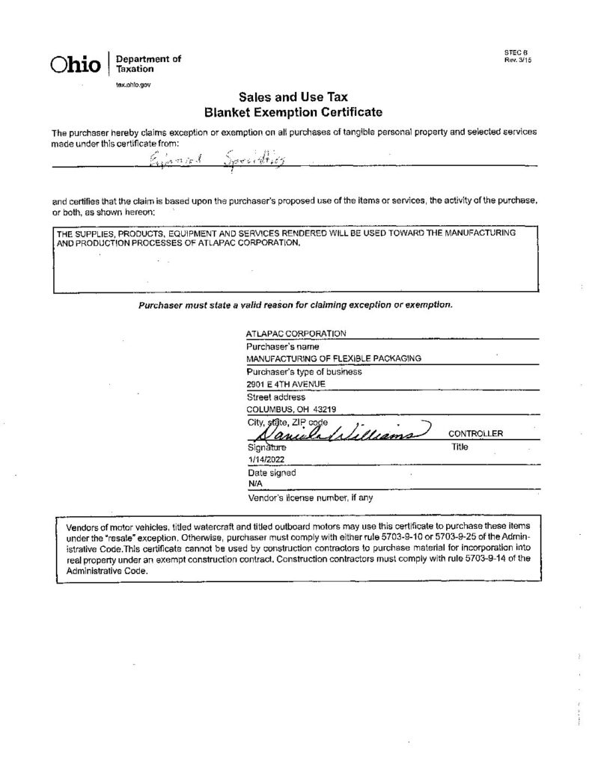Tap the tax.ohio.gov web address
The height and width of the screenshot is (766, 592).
click(133, 85)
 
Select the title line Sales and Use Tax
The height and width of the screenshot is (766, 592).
click(293, 97)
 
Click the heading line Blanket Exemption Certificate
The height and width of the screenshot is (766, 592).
click(293, 112)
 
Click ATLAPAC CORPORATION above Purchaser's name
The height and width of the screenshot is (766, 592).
click(296, 334)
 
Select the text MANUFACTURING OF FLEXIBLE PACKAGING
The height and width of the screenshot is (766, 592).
click(334, 359)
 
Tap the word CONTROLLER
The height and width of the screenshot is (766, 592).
click(475, 434)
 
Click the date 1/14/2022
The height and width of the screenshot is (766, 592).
click(266, 460)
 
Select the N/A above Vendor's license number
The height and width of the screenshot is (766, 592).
click(253, 485)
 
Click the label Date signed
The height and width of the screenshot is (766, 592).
click(271, 473)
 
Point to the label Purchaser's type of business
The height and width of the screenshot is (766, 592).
click(304, 372)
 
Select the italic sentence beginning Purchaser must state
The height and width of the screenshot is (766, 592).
click(296, 304)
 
